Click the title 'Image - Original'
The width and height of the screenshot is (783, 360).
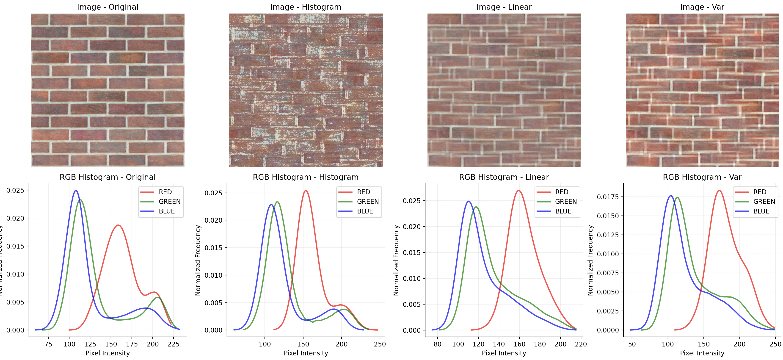(108, 7)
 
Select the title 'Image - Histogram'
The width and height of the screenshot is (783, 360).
(306, 7)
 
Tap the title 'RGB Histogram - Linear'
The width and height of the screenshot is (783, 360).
(504, 177)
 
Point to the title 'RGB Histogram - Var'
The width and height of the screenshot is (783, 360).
(702, 177)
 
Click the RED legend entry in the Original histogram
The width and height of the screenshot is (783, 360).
(165, 192)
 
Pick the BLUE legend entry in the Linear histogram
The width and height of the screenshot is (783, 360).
(563, 211)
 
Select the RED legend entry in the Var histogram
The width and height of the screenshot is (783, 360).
(760, 192)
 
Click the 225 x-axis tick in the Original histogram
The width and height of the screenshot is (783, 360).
(174, 344)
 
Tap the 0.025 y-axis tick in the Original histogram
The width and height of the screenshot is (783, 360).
(15, 190)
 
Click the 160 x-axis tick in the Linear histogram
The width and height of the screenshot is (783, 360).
(519, 344)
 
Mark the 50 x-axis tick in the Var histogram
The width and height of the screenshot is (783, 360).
(632, 344)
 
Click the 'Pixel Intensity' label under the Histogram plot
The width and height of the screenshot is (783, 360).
(306, 353)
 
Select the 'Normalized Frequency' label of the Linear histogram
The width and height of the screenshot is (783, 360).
(396, 260)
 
